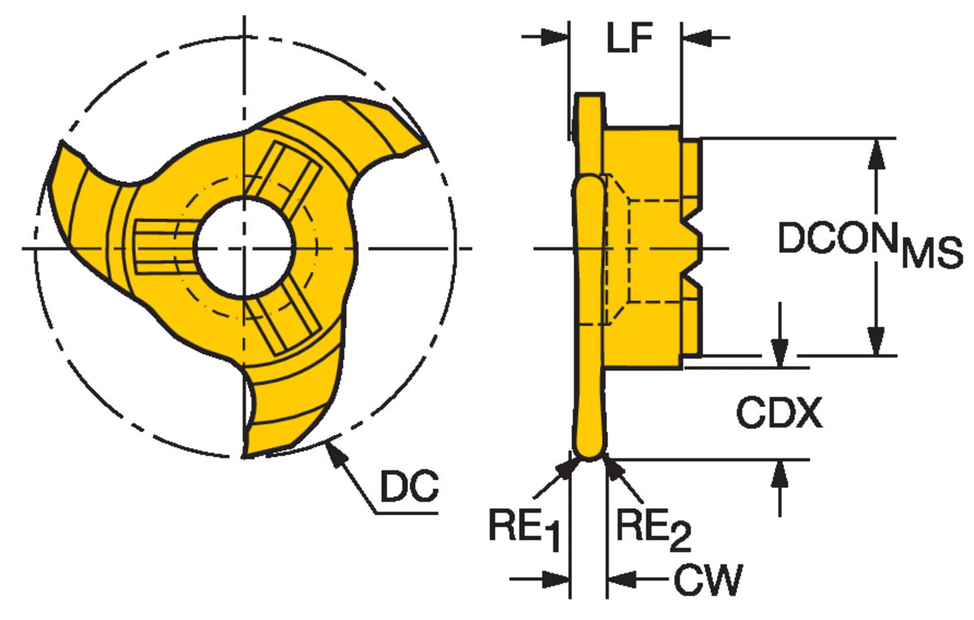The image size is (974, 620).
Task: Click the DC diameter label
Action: [409, 486]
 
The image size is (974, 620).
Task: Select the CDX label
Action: [779, 413]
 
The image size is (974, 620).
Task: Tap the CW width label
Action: [707, 580]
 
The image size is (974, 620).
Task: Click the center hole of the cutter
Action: [244, 248]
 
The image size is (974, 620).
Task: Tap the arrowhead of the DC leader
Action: [332, 450]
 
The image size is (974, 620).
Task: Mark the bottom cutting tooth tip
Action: [246, 454]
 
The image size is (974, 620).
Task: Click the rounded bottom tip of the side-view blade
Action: [590, 454]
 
